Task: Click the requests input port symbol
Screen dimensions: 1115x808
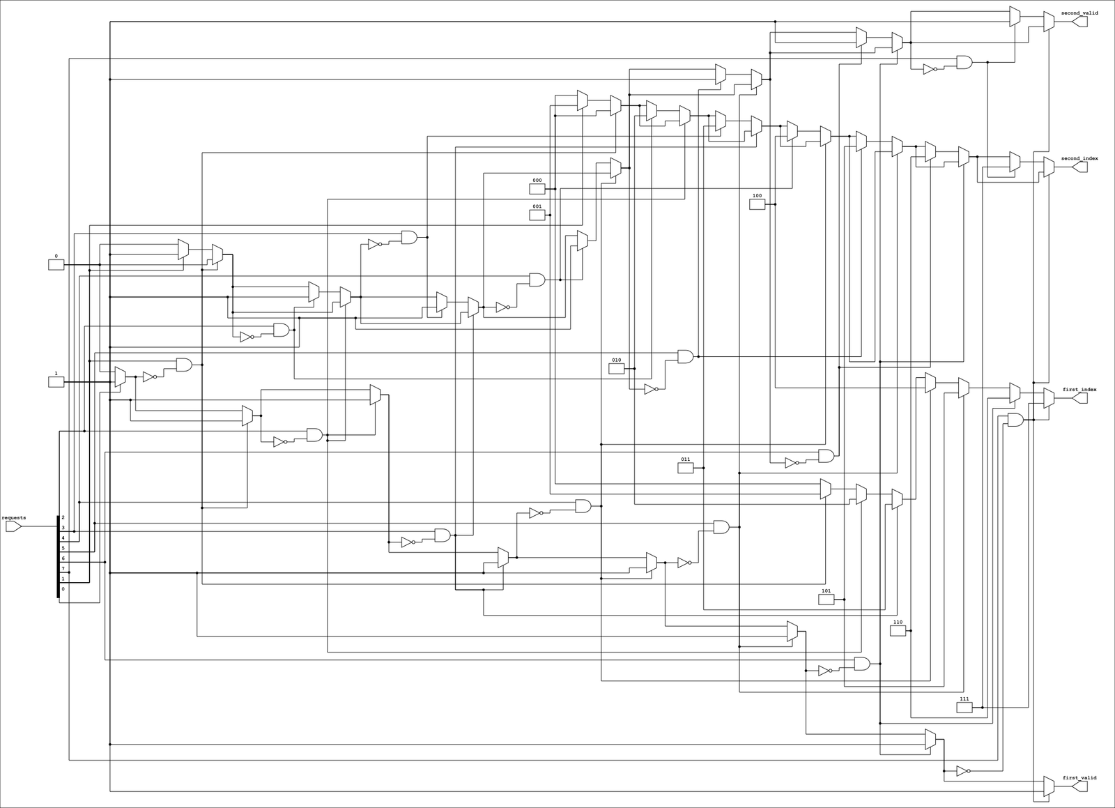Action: pyautogui.click(x=13, y=526)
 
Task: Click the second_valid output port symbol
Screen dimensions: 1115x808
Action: pyautogui.click(x=1079, y=22)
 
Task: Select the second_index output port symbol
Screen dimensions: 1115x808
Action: pyautogui.click(x=1079, y=167)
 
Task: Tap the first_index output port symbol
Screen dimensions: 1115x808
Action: pyautogui.click(x=1079, y=398)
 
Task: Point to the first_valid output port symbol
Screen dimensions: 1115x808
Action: pyautogui.click(x=1079, y=786)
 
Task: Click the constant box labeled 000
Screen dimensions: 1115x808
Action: pyautogui.click(x=537, y=189)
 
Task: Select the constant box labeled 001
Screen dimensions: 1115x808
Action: pyautogui.click(x=537, y=215)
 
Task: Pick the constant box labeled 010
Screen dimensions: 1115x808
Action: pyautogui.click(x=616, y=368)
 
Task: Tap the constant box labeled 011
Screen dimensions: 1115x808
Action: pyautogui.click(x=686, y=468)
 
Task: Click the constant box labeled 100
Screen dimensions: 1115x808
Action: pyautogui.click(x=757, y=204)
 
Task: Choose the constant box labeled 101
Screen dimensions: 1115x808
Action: pyautogui.click(x=826, y=600)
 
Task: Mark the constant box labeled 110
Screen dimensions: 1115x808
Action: pyautogui.click(x=898, y=630)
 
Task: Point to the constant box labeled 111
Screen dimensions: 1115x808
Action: pyautogui.click(x=964, y=707)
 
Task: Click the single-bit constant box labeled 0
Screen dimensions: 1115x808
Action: pyautogui.click(x=56, y=264)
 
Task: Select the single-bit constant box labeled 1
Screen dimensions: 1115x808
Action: pyautogui.click(x=56, y=382)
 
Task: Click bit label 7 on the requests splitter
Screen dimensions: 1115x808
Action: pyautogui.click(x=63, y=569)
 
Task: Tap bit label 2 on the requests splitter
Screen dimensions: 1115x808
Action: pyautogui.click(x=63, y=517)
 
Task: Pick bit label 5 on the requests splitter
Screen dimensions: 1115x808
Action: pyautogui.click(x=63, y=548)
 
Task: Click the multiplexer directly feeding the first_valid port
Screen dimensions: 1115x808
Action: pyautogui.click(x=1049, y=786)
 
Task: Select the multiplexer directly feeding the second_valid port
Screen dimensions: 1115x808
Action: pyautogui.click(x=1049, y=22)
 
